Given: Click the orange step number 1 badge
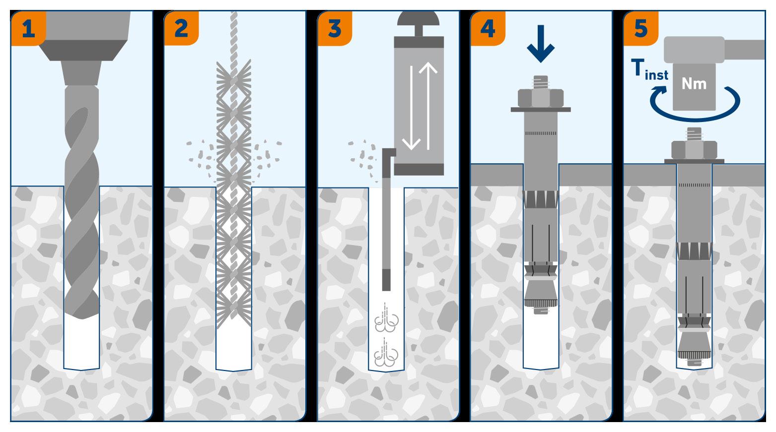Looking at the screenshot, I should coord(28,28).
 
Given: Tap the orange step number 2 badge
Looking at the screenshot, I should coord(181,28).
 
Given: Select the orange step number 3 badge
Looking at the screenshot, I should coord(335,28).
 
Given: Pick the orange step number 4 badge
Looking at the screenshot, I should coord(488,28).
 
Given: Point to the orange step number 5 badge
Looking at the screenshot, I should coord(641,28).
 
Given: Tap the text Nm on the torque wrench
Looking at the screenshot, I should coord(694,83).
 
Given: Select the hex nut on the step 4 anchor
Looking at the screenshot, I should coord(541,98).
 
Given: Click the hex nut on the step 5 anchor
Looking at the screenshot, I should coord(694,150).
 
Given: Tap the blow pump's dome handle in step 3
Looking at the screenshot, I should coord(419,19).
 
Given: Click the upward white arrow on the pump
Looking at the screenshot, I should coord(427,104).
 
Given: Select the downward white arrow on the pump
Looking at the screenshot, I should coord(411,107).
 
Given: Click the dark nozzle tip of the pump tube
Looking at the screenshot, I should coord(386,280).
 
